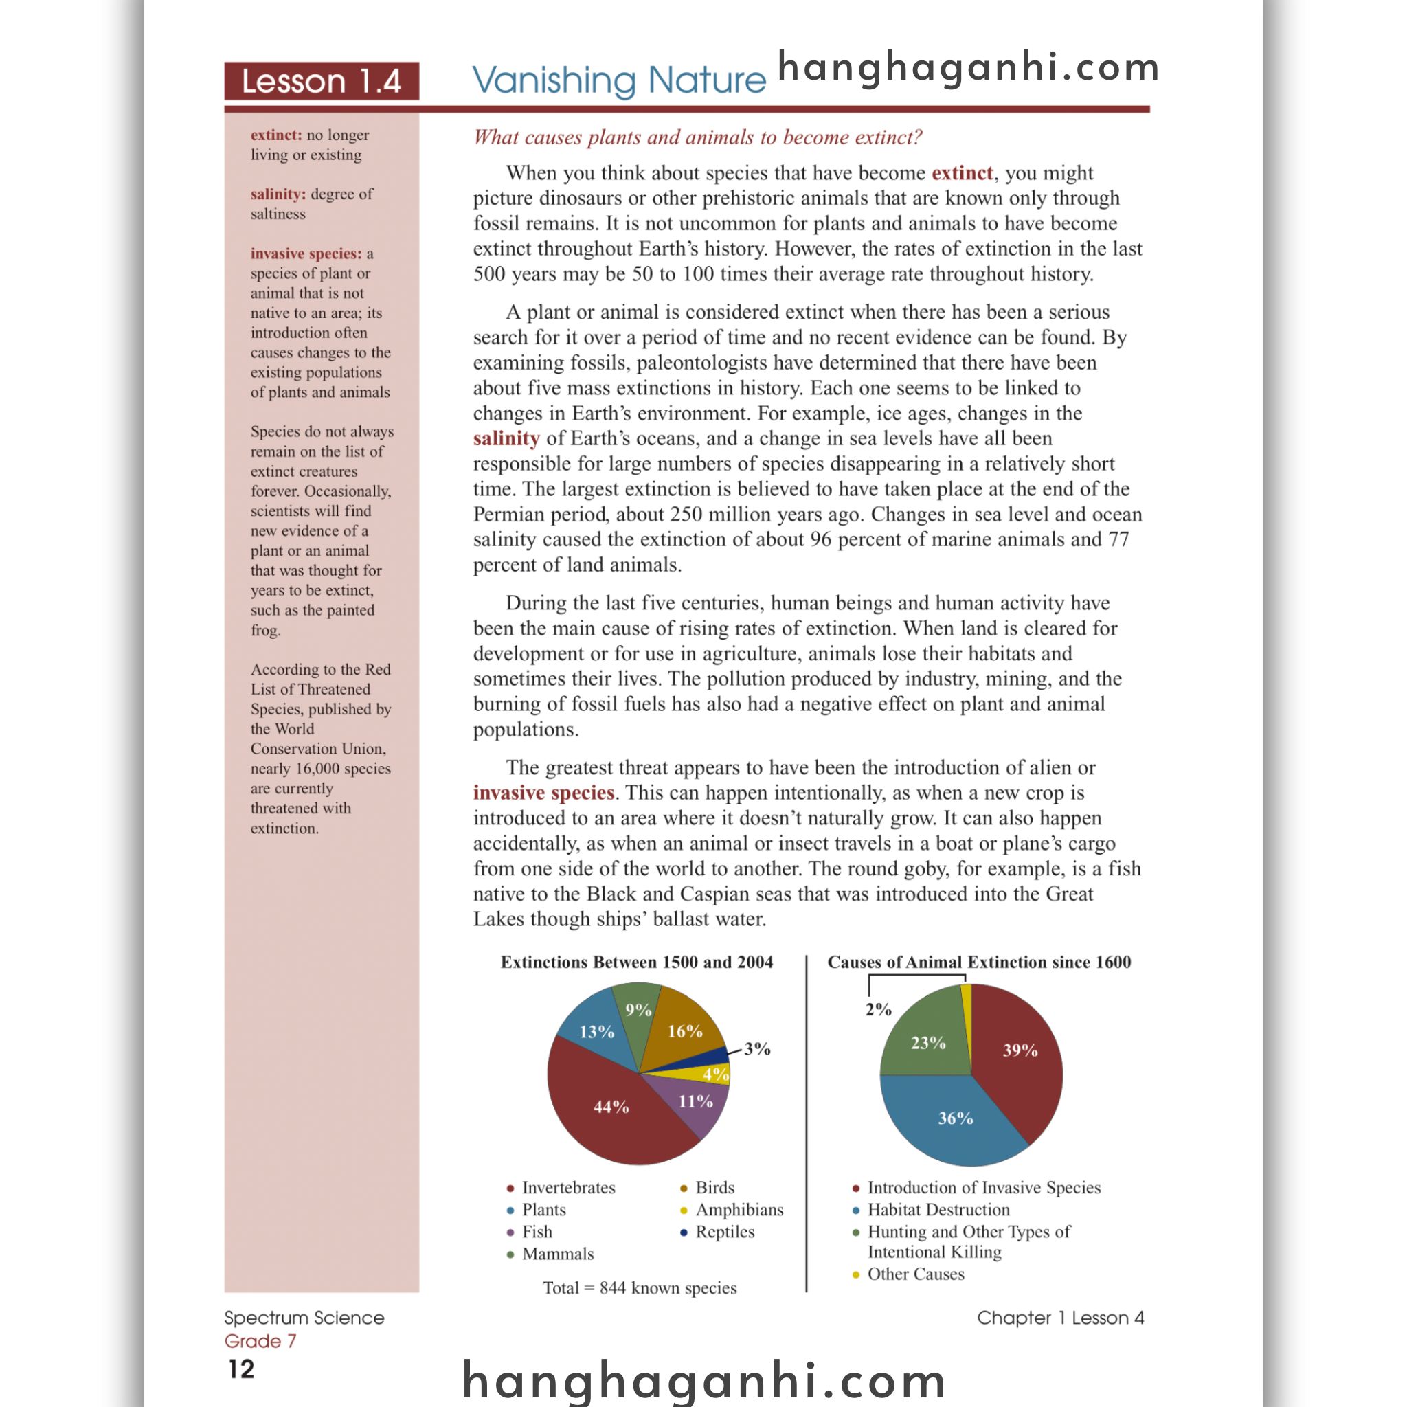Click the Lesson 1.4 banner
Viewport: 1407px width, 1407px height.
[321, 81]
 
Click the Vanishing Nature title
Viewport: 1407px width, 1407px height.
[618, 80]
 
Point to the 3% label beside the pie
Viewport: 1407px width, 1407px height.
[756, 1048]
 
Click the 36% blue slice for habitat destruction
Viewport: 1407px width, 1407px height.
[955, 1118]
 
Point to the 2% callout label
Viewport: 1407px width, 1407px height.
[878, 1009]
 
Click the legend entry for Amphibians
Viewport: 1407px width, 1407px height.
[739, 1210]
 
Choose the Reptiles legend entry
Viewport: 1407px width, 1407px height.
[724, 1232]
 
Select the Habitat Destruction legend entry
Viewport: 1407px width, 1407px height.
[938, 1210]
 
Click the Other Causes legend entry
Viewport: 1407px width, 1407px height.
[915, 1274]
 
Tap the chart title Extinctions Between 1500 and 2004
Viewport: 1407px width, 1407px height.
[636, 962]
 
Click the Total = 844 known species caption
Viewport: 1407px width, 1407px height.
[640, 1287]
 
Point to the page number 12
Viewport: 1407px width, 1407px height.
[241, 1369]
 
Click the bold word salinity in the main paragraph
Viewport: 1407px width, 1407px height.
[506, 438]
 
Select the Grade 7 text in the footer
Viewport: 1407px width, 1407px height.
[260, 1341]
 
